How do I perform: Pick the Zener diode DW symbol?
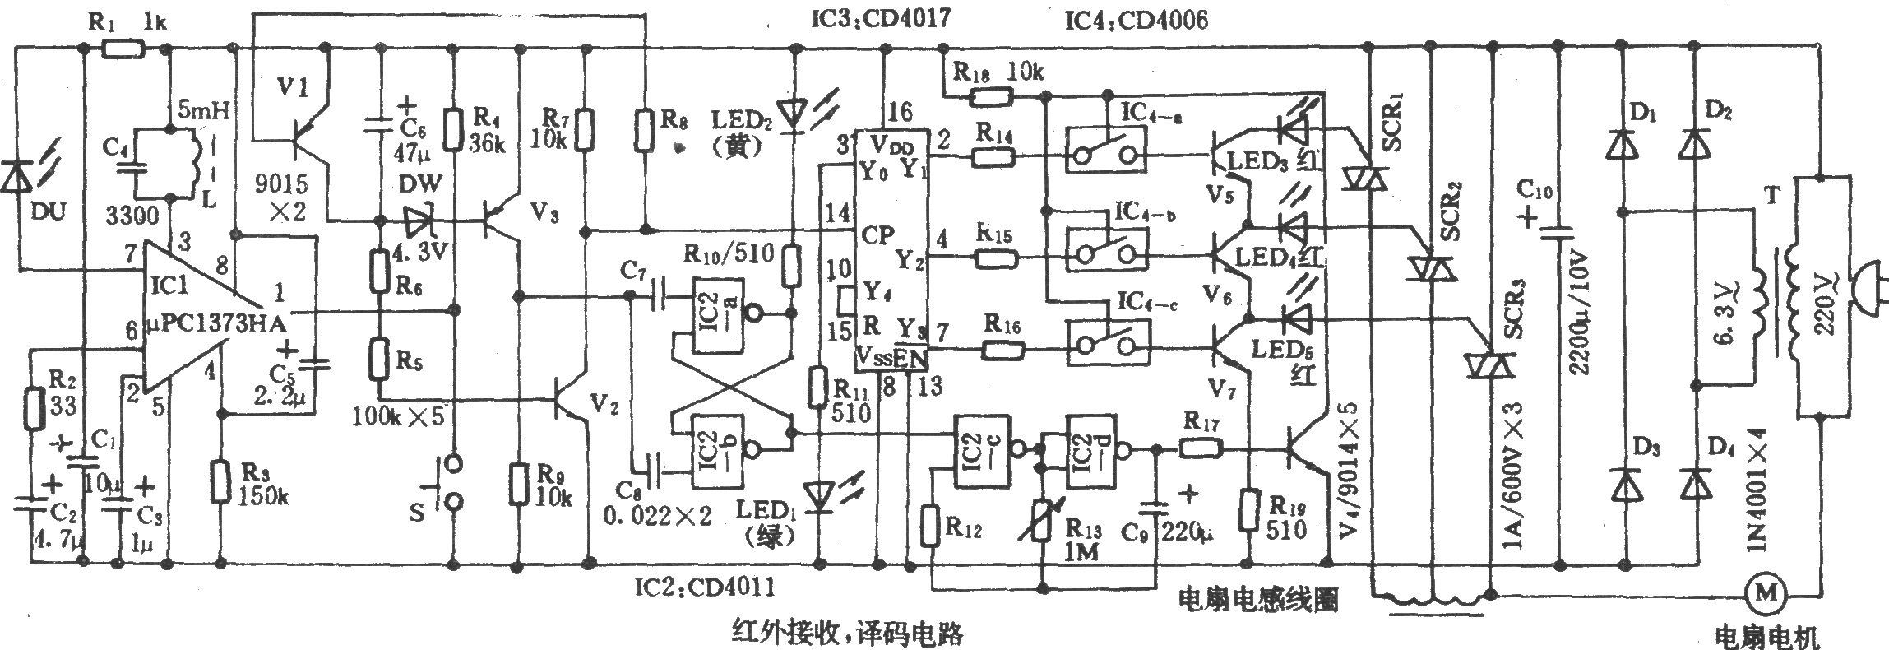pos(423,220)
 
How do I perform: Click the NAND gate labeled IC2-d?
pos(1093,450)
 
